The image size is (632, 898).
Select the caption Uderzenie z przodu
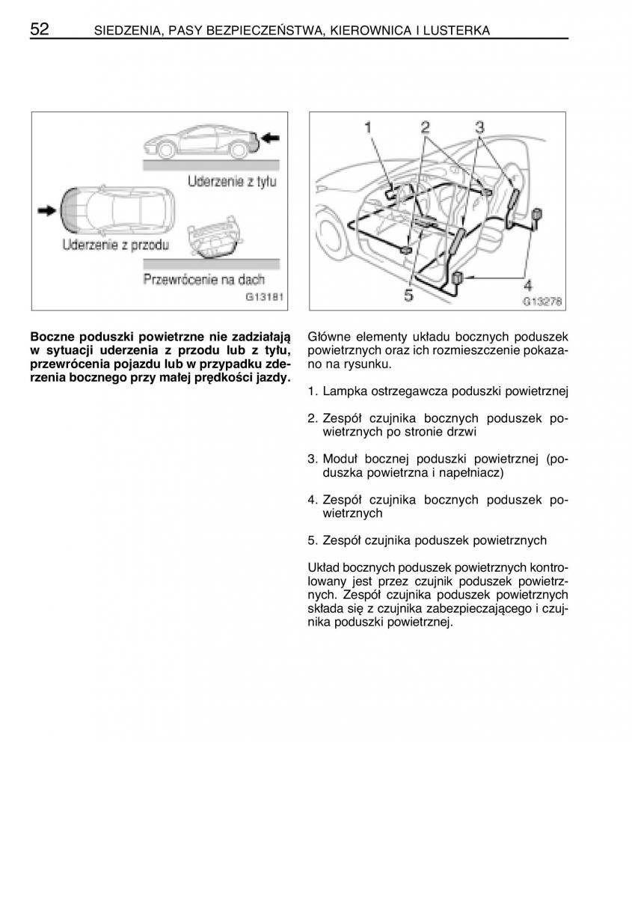click(x=116, y=245)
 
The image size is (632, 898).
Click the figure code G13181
click(x=265, y=296)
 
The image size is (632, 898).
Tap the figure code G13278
click(x=542, y=302)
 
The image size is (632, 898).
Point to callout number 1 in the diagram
click(x=368, y=128)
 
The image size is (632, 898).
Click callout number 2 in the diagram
click(x=425, y=127)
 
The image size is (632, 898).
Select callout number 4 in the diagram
click(x=527, y=286)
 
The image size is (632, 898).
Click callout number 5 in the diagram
click(x=408, y=296)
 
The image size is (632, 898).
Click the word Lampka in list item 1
click(x=343, y=391)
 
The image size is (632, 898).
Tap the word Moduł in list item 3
click(x=341, y=458)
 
